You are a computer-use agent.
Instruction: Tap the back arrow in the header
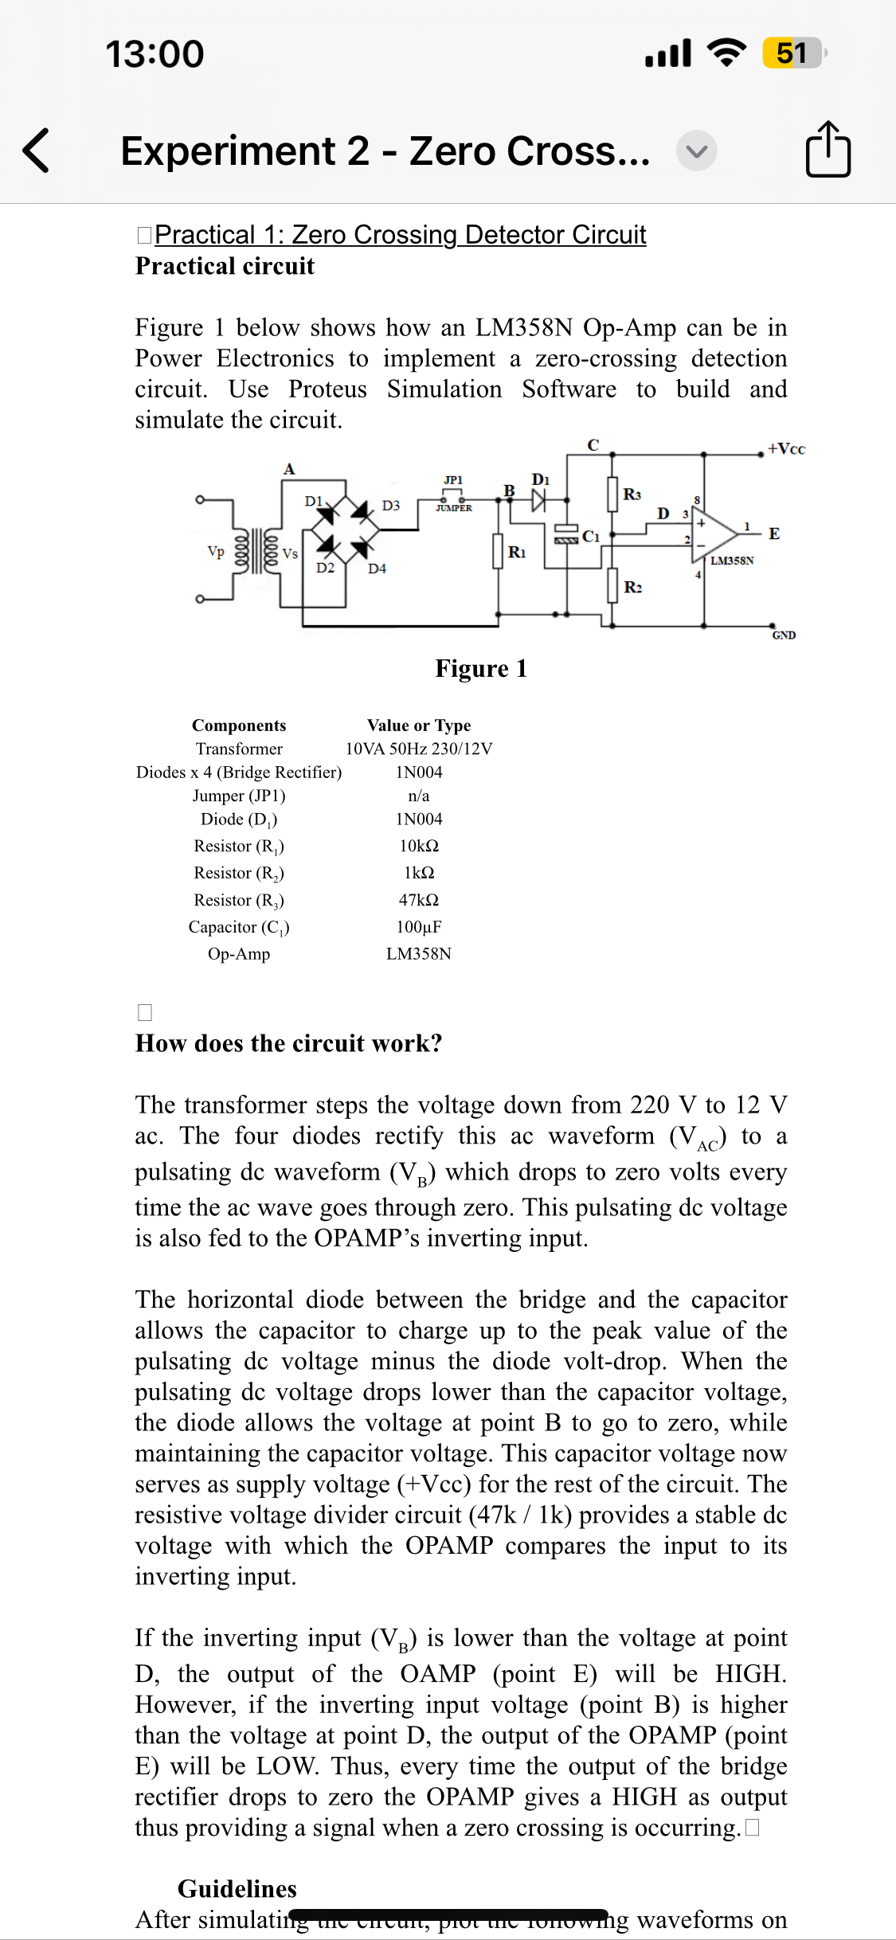(x=36, y=150)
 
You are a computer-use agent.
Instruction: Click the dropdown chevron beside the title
(x=696, y=151)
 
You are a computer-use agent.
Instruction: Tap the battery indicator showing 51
(x=792, y=53)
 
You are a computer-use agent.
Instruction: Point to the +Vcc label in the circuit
(x=786, y=449)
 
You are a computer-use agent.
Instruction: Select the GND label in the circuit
(x=784, y=635)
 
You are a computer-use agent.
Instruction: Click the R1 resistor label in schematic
(x=517, y=552)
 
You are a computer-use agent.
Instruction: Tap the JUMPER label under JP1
(x=454, y=508)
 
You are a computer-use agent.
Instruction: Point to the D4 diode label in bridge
(x=377, y=569)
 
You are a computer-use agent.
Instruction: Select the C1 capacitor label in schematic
(x=590, y=537)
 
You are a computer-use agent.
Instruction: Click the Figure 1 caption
(x=480, y=668)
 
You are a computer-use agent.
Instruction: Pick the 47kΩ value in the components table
(x=418, y=900)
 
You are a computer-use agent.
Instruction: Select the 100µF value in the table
(x=418, y=927)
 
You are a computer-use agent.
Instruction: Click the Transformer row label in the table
(x=239, y=749)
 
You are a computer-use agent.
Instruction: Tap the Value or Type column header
(x=418, y=725)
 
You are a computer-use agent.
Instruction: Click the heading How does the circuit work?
(x=288, y=1043)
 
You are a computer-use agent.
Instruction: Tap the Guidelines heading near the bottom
(x=237, y=1889)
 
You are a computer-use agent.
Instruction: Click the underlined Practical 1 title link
(x=400, y=235)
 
